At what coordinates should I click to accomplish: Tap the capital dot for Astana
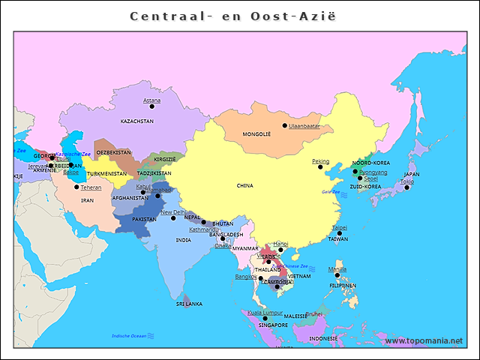[x=151, y=106]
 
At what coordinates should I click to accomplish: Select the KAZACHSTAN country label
[x=137, y=121]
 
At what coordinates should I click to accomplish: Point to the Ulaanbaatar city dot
[x=284, y=125]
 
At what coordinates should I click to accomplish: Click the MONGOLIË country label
[x=256, y=135]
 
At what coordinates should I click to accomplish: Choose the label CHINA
[x=245, y=185]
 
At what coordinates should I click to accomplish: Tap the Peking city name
[x=320, y=161]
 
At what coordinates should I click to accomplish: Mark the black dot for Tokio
[x=406, y=187]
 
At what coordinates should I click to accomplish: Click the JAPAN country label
[x=412, y=174]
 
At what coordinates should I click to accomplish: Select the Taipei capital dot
[x=339, y=233]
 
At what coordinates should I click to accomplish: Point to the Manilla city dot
[x=337, y=275]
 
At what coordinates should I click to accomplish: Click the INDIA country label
[x=183, y=240]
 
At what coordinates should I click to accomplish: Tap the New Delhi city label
[x=172, y=212]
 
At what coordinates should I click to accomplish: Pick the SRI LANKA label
[x=189, y=304]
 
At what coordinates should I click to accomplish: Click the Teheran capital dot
[x=76, y=187]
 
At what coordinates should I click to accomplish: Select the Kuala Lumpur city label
[x=264, y=312]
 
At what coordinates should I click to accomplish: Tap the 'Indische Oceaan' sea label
[x=129, y=335]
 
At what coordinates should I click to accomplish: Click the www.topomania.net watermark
[x=424, y=341]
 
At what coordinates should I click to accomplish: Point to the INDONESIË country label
[x=324, y=338]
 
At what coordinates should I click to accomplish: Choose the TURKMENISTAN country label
[x=106, y=173]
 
